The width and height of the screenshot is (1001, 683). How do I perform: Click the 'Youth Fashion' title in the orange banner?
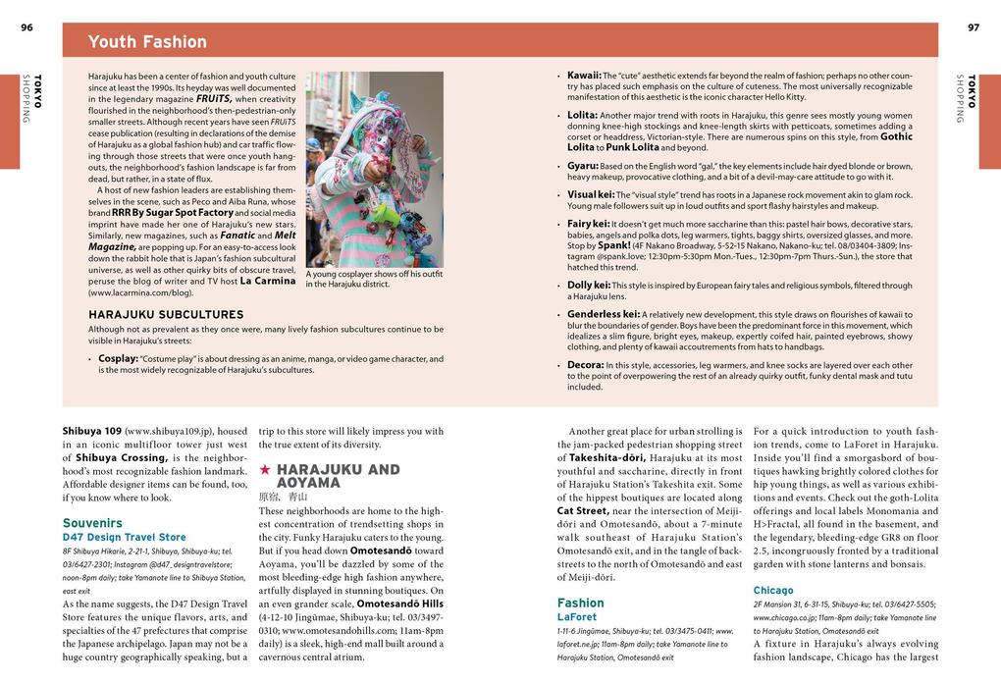tap(147, 41)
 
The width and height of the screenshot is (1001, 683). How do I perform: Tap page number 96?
tap(26, 27)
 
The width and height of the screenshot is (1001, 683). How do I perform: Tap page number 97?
tap(973, 27)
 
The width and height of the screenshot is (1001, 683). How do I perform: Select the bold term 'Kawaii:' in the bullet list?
tap(584, 76)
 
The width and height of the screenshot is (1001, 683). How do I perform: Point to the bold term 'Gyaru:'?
tap(582, 166)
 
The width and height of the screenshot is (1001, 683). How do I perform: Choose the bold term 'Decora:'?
tap(585, 365)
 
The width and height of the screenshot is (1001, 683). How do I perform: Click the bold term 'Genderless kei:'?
tap(603, 314)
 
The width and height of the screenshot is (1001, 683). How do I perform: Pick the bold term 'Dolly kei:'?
tap(589, 286)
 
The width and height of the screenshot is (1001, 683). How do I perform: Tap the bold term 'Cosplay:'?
tap(118, 358)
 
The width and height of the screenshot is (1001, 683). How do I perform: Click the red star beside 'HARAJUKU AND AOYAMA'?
tap(265, 470)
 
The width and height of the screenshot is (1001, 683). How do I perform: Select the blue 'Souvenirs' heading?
tap(92, 523)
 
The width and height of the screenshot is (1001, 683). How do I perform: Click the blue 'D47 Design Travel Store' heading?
tap(124, 538)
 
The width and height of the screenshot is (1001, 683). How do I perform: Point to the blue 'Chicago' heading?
tap(773, 590)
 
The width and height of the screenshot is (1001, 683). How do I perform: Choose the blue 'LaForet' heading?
tap(577, 617)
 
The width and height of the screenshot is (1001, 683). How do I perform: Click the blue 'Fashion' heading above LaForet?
tap(581, 603)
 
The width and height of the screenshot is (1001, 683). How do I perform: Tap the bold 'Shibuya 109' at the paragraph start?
tap(91, 431)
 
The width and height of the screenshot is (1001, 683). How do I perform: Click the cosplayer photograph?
tap(374, 169)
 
